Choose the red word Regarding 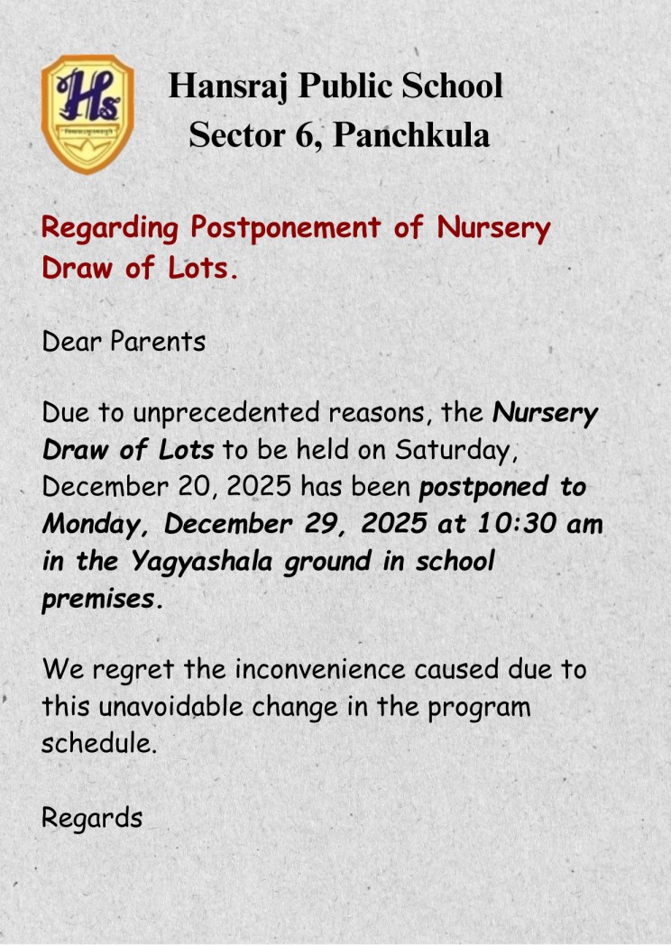[110, 229]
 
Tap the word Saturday [471, 450]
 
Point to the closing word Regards [92, 819]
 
